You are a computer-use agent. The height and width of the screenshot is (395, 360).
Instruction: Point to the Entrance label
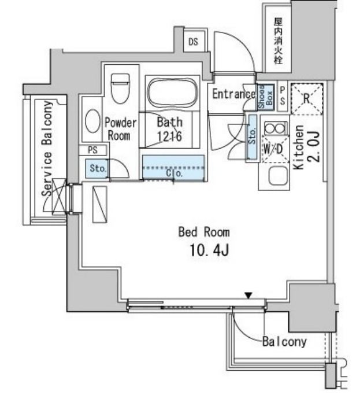(x=233, y=94)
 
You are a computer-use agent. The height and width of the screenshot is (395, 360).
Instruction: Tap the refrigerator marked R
(x=306, y=98)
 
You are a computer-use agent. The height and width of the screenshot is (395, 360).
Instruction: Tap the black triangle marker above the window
(x=248, y=296)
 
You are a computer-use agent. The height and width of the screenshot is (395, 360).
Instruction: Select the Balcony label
(x=284, y=341)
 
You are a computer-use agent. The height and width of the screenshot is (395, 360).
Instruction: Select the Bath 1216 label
(x=170, y=129)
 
